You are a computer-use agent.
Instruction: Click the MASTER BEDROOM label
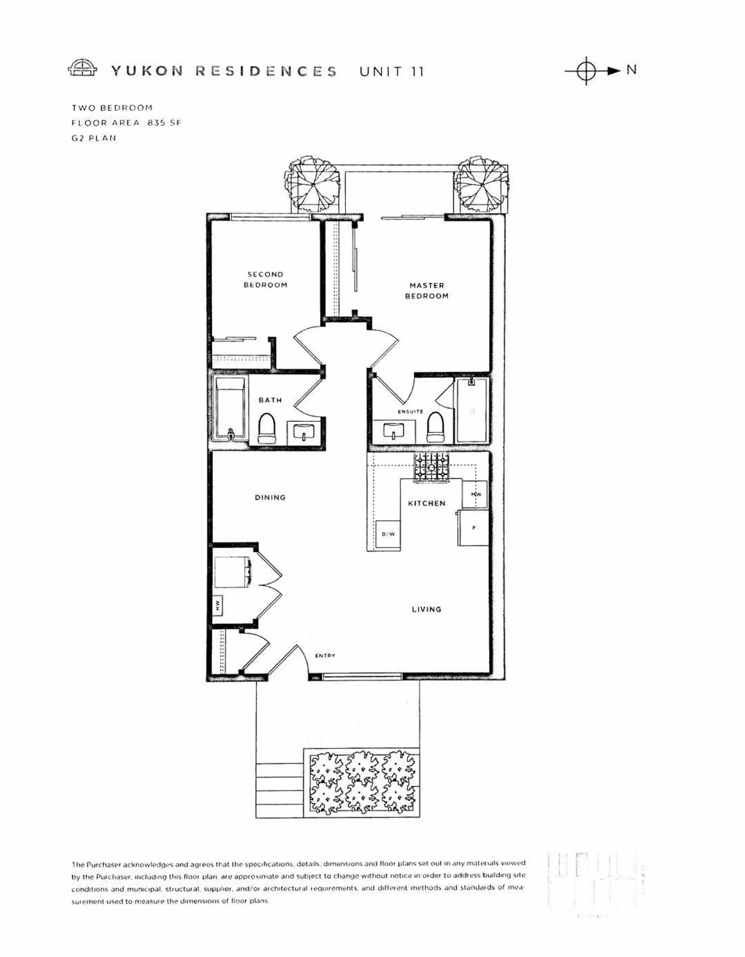426,291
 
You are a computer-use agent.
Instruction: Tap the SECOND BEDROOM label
265,279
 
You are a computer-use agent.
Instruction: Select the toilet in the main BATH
267,428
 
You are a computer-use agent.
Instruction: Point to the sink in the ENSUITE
393,431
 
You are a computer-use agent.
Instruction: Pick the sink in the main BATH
304,432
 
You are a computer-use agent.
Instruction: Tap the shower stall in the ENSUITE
471,410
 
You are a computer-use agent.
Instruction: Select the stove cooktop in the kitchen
431,468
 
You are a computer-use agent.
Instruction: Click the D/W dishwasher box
388,534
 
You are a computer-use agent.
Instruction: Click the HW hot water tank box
218,606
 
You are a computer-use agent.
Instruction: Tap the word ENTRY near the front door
325,655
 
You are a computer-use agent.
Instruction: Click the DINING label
270,498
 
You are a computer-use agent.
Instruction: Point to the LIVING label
426,609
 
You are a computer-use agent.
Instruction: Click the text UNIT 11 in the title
392,71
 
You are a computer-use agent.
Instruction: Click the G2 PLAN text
94,138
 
